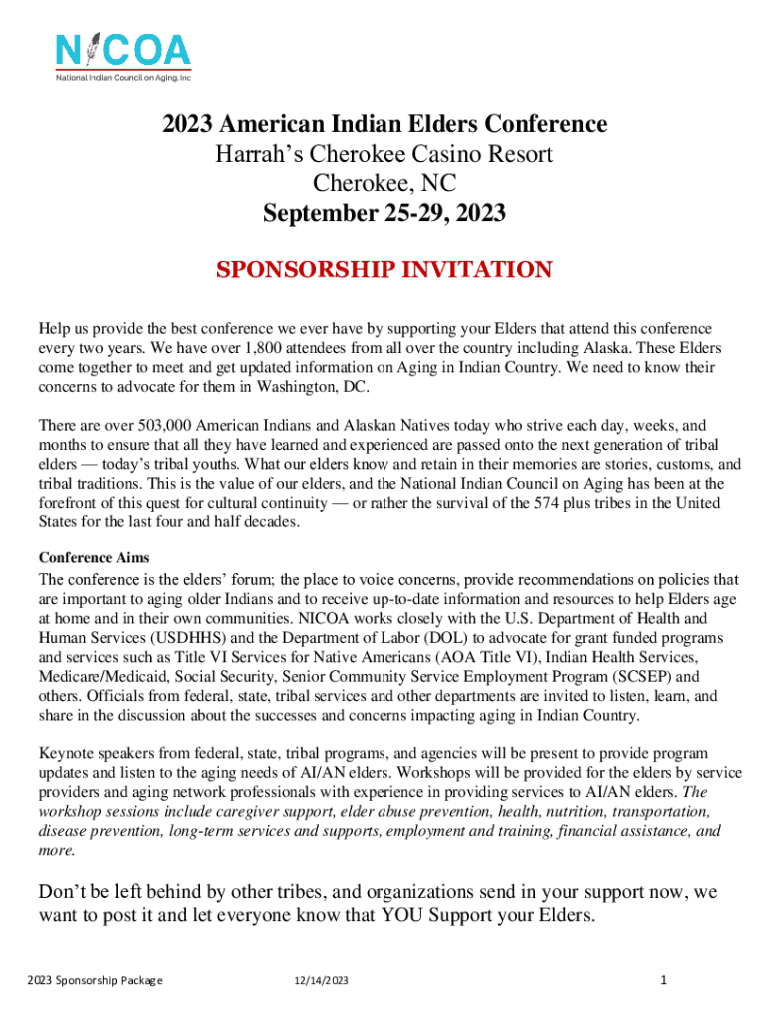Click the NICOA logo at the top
(x=123, y=58)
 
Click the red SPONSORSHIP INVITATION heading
(x=384, y=270)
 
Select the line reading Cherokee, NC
(x=384, y=184)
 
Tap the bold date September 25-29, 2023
(x=384, y=214)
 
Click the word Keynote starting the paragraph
(x=67, y=753)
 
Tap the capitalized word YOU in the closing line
(x=402, y=915)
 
